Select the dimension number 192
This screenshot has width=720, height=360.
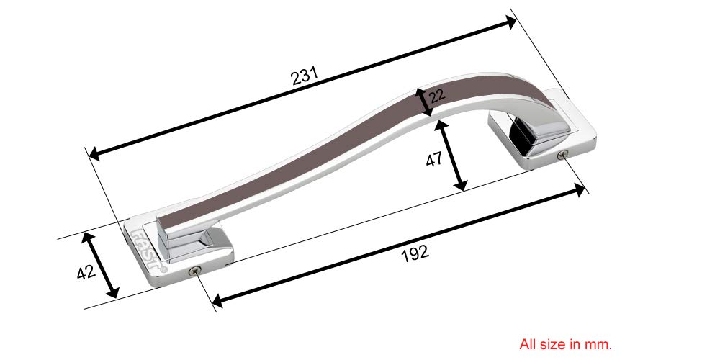[415, 252]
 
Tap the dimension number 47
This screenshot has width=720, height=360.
[433, 161]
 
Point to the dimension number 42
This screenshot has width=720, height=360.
[85, 272]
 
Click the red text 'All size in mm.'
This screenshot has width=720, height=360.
[565, 344]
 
